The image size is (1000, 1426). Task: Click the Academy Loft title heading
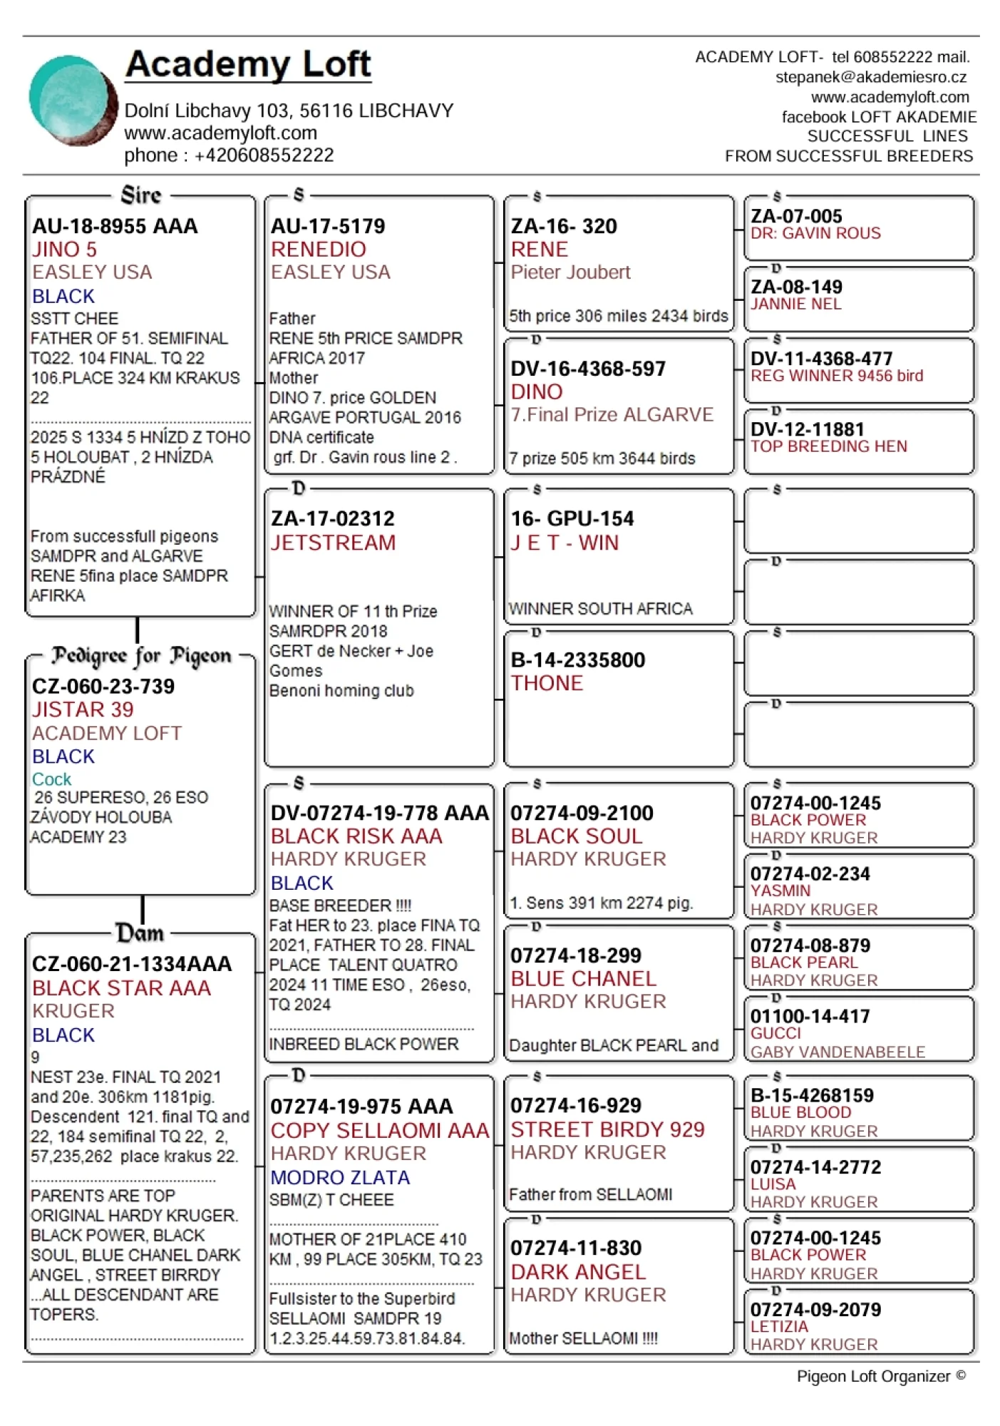[x=248, y=64]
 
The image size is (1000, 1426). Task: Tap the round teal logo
[x=72, y=101]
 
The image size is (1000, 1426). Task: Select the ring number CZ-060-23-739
[x=103, y=687]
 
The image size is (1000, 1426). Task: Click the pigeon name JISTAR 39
[x=83, y=710]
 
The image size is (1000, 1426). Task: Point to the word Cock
[x=51, y=779]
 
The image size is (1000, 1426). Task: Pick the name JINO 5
[x=64, y=250]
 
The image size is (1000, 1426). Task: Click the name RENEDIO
[x=319, y=250]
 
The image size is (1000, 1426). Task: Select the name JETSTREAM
[x=333, y=543]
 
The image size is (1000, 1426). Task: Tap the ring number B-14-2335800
[x=578, y=660]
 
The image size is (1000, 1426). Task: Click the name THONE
[x=547, y=683]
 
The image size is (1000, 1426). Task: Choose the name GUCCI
[x=775, y=1033]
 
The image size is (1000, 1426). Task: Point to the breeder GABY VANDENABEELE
[x=837, y=1052]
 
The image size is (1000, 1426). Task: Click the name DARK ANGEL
[x=578, y=1272]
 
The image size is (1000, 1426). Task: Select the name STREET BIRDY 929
[x=607, y=1129]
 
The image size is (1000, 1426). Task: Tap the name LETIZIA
[x=779, y=1327]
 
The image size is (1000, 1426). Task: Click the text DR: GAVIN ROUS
[x=815, y=233]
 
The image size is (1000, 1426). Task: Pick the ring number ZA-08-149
[x=796, y=287]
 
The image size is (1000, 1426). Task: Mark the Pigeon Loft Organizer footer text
[x=881, y=1377]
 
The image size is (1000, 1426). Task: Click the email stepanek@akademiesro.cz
[x=871, y=77]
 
